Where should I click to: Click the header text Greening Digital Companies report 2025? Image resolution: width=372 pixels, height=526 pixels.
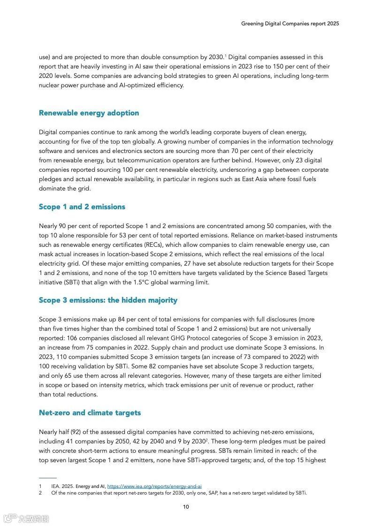pyautogui.click(x=290, y=23)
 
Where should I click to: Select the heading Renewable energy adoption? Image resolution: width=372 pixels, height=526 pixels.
pyautogui.click(x=89, y=113)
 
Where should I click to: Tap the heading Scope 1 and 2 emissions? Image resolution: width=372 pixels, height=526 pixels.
pyautogui.click(x=82, y=207)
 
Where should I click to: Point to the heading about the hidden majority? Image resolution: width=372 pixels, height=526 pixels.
pyautogui.click(x=108, y=300)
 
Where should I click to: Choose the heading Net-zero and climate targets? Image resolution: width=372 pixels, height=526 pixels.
pyautogui.click(x=90, y=413)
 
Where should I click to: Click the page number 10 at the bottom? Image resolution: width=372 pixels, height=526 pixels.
pyautogui.click(x=186, y=507)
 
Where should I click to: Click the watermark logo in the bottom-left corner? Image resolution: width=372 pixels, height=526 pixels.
pyautogui.click(x=26, y=518)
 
